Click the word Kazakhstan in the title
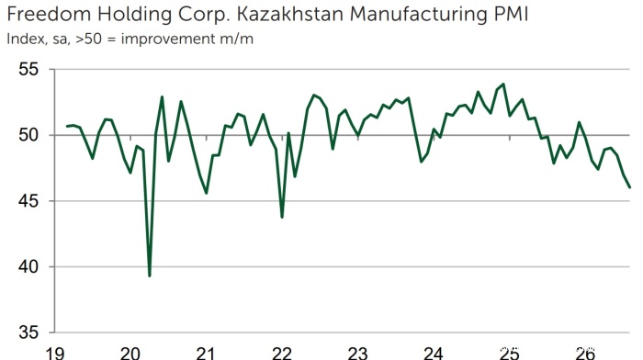[290, 14]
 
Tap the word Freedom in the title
[49, 14]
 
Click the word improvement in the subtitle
[168, 39]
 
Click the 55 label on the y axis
[28, 69]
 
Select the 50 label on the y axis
[28, 135]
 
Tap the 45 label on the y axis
[28, 201]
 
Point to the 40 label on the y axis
[28, 267]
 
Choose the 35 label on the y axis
[28, 332]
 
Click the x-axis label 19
[54, 353]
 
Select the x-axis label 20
[130, 353]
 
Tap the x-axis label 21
[206, 353]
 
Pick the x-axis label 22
[282, 353]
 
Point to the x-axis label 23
[357, 353]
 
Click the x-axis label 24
[434, 353]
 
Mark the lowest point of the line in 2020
[149, 276]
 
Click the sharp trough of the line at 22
[282, 217]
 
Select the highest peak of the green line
[503, 84]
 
